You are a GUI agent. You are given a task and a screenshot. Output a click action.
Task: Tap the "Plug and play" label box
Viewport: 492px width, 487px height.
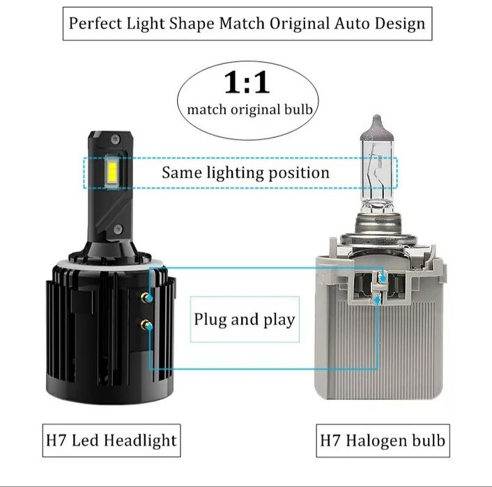(x=244, y=320)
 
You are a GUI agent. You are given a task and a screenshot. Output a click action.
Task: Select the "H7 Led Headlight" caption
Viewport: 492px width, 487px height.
(x=111, y=440)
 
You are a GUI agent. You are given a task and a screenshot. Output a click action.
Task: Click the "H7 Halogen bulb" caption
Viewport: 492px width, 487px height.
(x=382, y=440)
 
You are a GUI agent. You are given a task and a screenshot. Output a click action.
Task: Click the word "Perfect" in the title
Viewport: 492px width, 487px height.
(x=95, y=23)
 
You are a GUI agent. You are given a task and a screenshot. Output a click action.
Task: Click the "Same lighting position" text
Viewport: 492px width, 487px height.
(x=245, y=172)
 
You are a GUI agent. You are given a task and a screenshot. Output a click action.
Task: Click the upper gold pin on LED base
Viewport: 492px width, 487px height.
(x=144, y=297)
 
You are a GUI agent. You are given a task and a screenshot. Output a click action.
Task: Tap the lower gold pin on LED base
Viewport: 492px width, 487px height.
(x=144, y=324)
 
